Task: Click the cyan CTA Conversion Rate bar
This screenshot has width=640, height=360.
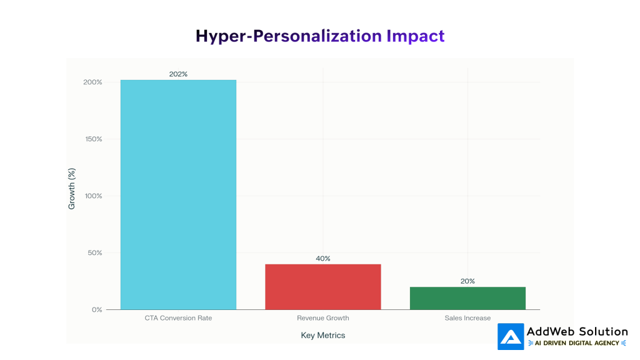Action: pyautogui.click(x=178, y=194)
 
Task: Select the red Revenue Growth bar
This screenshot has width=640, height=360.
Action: pyautogui.click(x=322, y=286)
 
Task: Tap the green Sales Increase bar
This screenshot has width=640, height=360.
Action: pyautogui.click(x=467, y=298)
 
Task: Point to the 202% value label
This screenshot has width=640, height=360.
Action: pyautogui.click(x=178, y=74)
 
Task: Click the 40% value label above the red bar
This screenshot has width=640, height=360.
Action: pyautogui.click(x=323, y=259)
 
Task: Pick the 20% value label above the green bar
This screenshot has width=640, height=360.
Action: pyautogui.click(x=467, y=281)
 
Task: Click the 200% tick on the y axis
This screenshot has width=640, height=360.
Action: pyautogui.click(x=92, y=82)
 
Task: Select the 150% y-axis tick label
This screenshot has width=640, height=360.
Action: pyautogui.click(x=92, y=139)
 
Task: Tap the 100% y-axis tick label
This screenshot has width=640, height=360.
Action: pyautogui.click(x=92, y=196)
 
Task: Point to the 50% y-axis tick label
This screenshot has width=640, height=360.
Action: pyautogui.click(x=94, y=253)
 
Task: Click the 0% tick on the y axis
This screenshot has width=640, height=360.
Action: pyautogui.click(x=96, y=310)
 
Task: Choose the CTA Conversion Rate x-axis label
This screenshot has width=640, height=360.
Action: pyautogui.click(x=178, y=318)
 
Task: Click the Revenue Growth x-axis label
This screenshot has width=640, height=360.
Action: pyautogui.click(x=322, y=318)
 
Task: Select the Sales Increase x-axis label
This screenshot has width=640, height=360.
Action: pyautogui.click(x=467, y=318)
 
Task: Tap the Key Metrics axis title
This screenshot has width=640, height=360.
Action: pyautogui.click(x=322, y=336)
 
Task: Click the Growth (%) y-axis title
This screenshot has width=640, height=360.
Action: pyautogui.click(x=72, y=189)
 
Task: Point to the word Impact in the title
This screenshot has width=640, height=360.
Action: pyautogui.click(x=415, y=36)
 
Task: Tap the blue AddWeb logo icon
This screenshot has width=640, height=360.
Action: pyautogui.click(x=511, y=337)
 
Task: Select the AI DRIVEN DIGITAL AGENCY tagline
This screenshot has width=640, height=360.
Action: pyautogui.click(x=577, y=343)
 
